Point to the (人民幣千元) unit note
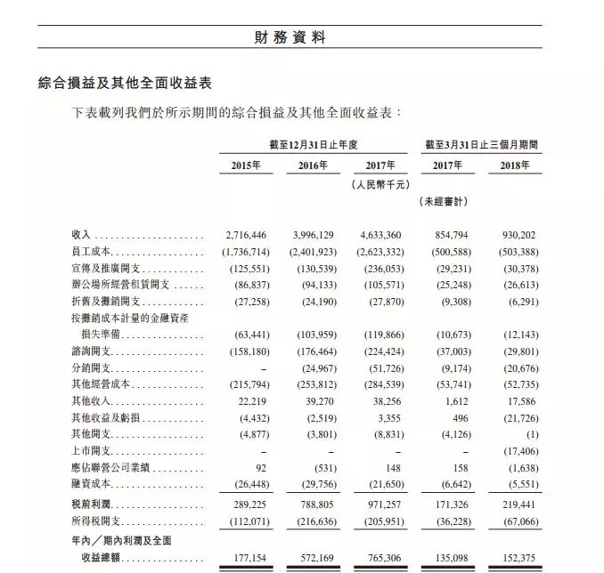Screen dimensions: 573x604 (380, 183)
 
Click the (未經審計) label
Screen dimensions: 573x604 (443, 201)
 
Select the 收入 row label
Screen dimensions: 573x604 (81, 236)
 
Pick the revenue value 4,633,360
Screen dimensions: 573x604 (381, 236)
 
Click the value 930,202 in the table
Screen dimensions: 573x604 (518, 236)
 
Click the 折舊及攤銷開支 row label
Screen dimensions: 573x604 (105, 302)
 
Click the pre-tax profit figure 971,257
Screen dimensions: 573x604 (386, 503)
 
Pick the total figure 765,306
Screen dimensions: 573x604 (386, 558)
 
